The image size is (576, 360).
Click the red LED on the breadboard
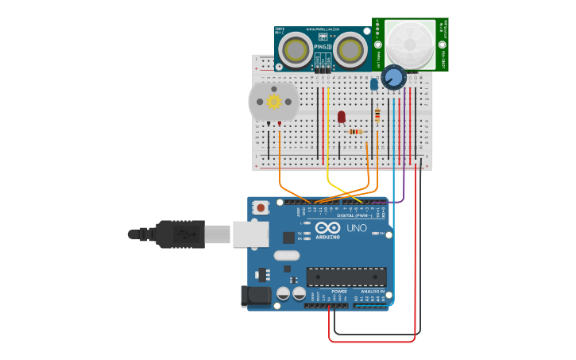[342, 117]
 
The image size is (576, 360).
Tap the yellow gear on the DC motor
[274, 101]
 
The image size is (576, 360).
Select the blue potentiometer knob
[393, 77]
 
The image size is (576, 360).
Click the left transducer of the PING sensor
[296, 51]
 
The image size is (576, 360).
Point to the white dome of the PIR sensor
[410, 45]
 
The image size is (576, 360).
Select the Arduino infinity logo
[327, 227]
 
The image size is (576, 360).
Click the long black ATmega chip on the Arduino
[346, 277]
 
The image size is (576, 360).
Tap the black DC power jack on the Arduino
[256, 296]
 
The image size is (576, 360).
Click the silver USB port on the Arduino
[253, 234]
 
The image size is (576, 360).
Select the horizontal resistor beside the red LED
[357, 132]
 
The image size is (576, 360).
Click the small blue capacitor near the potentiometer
[374, 83]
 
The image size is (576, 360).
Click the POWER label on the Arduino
[339, 292]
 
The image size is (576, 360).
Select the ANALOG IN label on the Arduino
[372, 292]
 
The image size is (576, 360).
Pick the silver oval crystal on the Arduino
[288, 256]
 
